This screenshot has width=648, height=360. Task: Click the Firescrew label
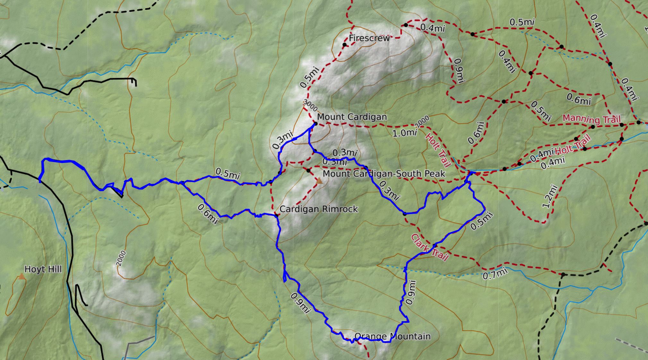369,38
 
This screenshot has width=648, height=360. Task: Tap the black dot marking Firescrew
345,45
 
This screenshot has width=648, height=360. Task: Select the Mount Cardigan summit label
352,117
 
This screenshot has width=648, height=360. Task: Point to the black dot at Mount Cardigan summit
315,124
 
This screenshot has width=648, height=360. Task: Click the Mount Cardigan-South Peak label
384,174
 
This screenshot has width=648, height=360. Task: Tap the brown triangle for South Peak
319,181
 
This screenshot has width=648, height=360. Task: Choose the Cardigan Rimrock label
318,209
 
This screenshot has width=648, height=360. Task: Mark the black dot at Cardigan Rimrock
276,216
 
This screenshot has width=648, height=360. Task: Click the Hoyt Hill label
43,269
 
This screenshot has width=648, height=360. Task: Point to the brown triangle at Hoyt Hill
22,276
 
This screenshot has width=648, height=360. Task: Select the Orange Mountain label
392,336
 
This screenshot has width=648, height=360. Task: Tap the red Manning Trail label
591,119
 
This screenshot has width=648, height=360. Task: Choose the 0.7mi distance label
495,274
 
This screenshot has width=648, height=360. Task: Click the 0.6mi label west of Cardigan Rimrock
208,214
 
